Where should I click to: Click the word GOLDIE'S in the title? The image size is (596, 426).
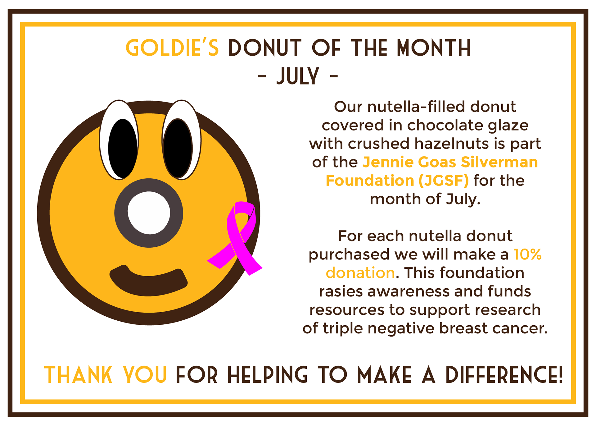(x=172, y=48)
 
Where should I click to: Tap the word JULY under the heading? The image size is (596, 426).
(x=298, y=76)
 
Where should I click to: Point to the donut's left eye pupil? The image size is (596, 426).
(x=123, y=148)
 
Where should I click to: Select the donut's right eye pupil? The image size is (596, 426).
(x=178, y=148)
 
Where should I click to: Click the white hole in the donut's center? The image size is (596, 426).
(x=149, y=213)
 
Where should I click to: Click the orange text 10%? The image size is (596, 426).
(x=527, y=254)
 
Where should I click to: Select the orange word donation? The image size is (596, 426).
(x=360, y=273)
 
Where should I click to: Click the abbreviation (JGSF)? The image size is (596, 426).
(x=444, y=181)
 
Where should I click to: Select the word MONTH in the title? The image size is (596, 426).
(x=434, y=48)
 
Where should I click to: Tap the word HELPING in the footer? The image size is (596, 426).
(x=267, y=375)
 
